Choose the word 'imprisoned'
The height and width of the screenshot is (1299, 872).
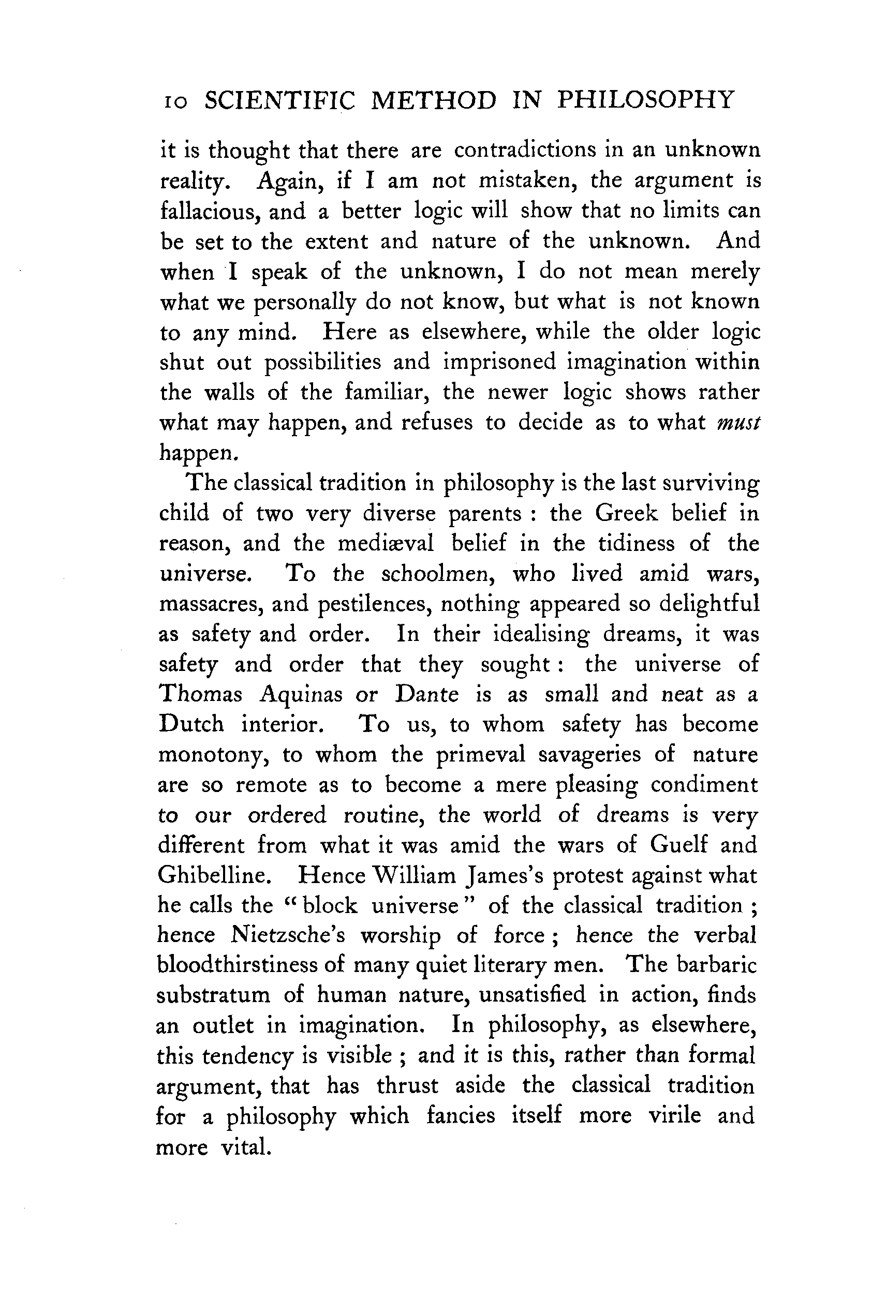(x=499, y=362)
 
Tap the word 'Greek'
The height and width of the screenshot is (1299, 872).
(x=626, y=513)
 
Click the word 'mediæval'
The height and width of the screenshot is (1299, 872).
(x=386, y=543)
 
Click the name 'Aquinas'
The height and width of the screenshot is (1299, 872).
(x=301, y=695)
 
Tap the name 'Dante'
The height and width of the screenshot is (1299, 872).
(x=427, y=694)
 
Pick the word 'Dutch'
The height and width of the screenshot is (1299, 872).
(x=191, y=724)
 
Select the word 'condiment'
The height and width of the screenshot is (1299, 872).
(x=704, y=785)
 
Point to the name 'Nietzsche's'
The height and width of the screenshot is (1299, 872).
(x=288, y=936)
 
